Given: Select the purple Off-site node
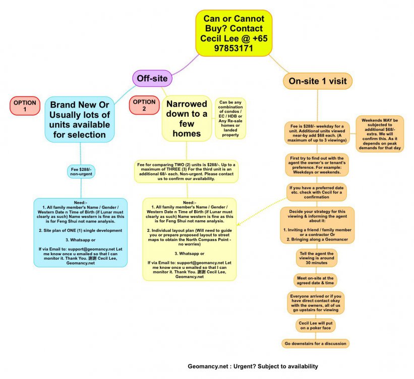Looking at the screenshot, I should tap(152, 78).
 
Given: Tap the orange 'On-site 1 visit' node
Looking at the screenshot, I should tap(317, 81).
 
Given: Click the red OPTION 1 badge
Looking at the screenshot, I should tap(25, 106).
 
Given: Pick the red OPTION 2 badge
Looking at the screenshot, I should tap(144, 106).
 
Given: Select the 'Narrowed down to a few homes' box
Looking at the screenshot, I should tap(187, 118).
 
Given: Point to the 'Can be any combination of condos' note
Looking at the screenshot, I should tap(230, 118).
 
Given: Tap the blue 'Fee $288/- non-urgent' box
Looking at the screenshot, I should tap(81, 172).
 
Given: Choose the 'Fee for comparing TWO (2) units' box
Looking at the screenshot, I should tap(187, 171).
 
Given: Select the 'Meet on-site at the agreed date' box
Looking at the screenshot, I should tap(316, 280).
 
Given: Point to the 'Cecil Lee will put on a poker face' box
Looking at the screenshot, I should tap(316, 325).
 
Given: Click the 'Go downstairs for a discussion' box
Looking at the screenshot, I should tap(316, 343).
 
